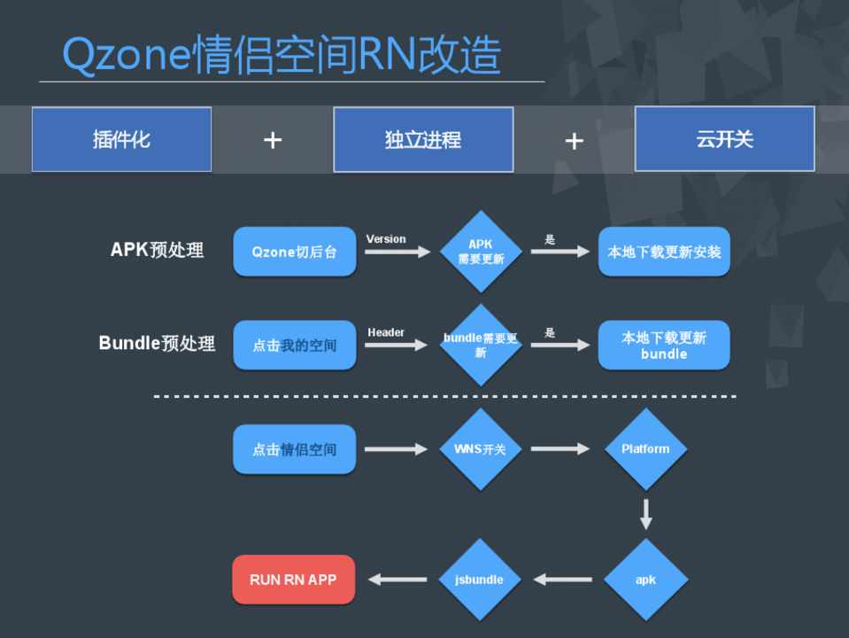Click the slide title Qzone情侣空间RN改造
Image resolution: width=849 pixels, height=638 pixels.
tap(282, 55)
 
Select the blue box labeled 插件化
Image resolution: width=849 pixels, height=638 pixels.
tap(121, 139)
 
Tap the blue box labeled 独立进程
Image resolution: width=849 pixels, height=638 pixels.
tap(423, 140)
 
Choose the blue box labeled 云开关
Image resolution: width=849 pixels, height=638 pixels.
tap(724, 139)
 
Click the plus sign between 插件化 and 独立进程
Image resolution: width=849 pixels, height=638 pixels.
tap(273, 140)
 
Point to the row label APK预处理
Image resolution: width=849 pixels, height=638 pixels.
tap(157, 250)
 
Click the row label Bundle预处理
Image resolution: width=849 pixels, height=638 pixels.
tap(157, 343)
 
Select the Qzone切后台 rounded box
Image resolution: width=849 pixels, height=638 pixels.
tap(294, 252)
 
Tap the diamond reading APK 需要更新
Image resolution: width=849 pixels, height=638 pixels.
tap(481, 252)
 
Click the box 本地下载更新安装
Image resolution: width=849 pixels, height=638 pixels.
tap(664, 252)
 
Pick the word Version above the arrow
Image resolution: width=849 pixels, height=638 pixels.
tap(386, 239)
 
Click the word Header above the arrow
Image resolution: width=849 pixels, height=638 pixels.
tap(386, 332)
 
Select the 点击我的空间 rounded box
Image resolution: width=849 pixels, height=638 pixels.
tap(294, 345)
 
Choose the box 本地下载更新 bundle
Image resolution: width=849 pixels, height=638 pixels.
tap(664, 345)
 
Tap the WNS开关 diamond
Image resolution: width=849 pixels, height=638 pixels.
tap(481, 449)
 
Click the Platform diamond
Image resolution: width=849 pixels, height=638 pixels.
tap(645, 449)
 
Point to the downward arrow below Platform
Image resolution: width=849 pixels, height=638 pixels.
tap(645, 514)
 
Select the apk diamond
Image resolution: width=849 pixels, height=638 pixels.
tap(645, 580)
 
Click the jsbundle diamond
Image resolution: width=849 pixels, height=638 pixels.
tap(481, 580)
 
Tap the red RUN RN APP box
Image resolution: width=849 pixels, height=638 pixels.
tap(293, 580)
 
